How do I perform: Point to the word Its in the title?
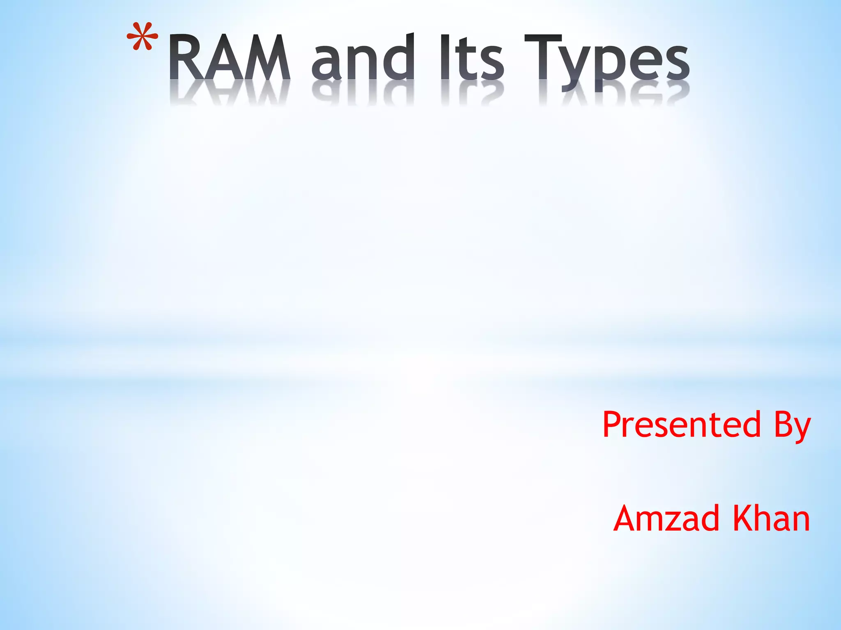point(471,57)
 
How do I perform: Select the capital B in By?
point(783,425)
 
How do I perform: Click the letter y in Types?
point(574,68)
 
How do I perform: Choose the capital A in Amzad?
point(628,518)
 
